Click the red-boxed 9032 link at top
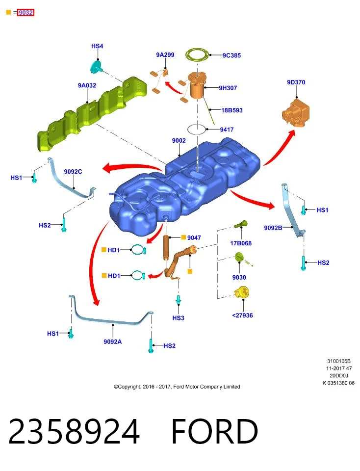coord(26,13)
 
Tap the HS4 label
coord(97,46)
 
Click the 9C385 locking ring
coord(197,55)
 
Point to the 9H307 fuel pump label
coord(228,88)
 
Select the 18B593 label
coord(232,110)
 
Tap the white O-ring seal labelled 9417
coord(197,130)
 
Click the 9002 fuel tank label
coord(179,140)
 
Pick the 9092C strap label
coord(73,172)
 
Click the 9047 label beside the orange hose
coord(194,237)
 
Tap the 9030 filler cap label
coord(239,277)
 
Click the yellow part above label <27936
coord(242,292)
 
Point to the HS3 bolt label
coord(179,318)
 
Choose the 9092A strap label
coord(113,341)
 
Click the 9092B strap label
coord(273,228)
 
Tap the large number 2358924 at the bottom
coord(74,431)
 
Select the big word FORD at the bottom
coord(215,431)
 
